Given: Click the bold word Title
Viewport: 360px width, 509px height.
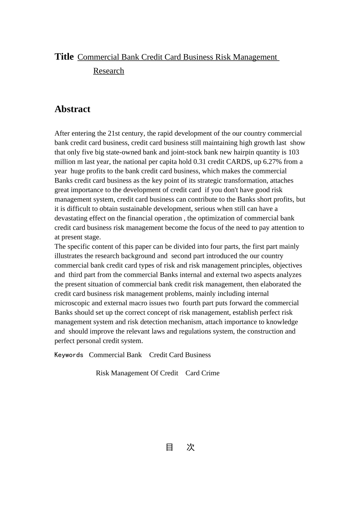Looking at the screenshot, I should [64, 57].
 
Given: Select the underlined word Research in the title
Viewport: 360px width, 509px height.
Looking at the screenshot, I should [108, 71].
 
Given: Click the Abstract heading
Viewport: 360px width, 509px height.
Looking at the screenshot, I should [72, 109].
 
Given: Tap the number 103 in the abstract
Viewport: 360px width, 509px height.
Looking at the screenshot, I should [294, 152].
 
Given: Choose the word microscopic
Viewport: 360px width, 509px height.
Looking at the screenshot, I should [72, 303].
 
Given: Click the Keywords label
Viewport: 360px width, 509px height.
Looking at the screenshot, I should [69, 355].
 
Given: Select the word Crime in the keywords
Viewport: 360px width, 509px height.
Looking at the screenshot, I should [210, 373].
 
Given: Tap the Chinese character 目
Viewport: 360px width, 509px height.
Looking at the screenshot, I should [169, 447].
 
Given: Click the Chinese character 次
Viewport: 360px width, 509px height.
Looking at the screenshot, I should [191, 447].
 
